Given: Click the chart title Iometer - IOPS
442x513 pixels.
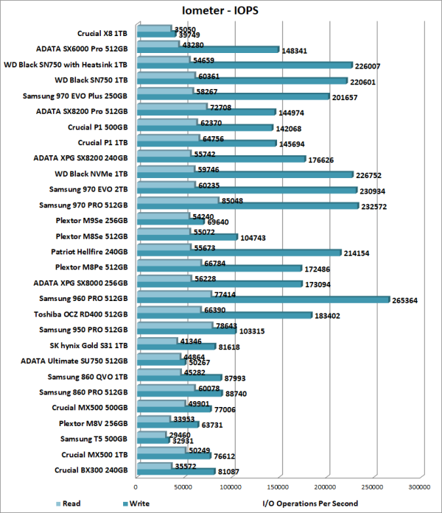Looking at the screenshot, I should [221, 10].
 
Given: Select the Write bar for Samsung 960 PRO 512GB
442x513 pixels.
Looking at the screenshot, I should [263, 300].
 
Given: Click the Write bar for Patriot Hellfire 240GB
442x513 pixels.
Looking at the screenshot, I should [239, 252].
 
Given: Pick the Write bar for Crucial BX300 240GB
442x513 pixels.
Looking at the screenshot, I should [175, 473].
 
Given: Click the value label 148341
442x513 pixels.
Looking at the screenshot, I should [298, 51].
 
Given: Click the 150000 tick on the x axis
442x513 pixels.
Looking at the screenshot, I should [278, 487].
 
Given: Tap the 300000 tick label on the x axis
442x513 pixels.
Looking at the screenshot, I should [420, 487].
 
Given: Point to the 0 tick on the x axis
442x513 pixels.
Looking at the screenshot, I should [136, 487].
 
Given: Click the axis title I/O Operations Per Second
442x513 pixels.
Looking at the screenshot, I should [310, 503].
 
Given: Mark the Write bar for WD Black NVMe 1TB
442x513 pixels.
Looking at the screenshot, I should [245, 174].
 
